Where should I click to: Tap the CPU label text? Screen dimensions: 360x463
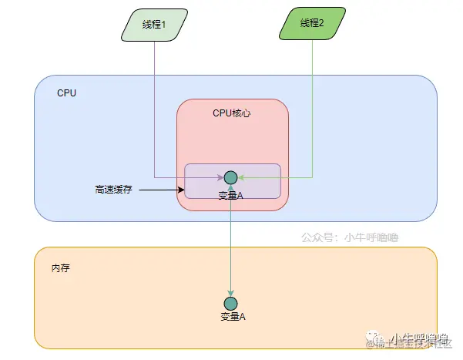click(66, 93)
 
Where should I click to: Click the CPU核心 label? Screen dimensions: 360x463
click(232, 113)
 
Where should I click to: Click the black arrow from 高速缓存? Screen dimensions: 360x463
click(162, 189)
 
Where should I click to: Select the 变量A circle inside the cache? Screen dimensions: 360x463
click(231, 177)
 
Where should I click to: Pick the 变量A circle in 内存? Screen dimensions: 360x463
click(230, 303)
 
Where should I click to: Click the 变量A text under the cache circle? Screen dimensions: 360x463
click(231, 195)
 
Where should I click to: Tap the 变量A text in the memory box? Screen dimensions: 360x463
click(233, 317)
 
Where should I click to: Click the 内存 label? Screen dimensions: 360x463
click(62, 268)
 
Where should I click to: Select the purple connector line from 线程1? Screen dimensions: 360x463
click(154, 108)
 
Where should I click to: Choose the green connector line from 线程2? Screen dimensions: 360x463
click(312, 108)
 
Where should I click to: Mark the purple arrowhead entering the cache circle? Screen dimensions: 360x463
click(220, 177)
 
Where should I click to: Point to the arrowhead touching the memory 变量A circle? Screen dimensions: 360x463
click(230, 292)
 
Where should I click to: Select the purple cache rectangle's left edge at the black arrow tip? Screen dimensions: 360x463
click(185, 189)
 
